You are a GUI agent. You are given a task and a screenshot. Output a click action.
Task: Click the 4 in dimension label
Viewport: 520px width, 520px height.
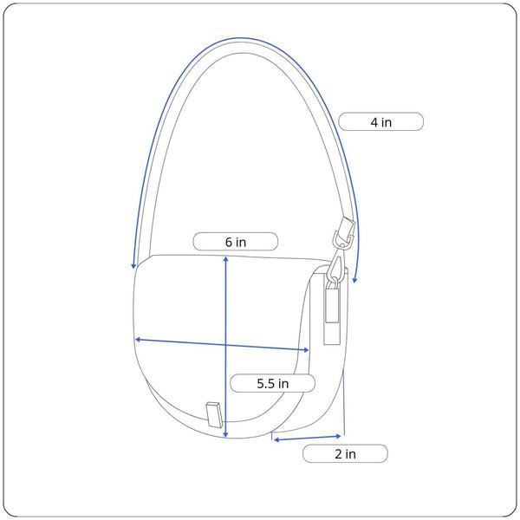tap(380, 122)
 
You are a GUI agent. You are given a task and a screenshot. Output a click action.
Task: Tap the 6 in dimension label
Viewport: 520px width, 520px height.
tap(236, 242)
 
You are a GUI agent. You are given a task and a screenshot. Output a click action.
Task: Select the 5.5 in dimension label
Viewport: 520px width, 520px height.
tap(273, 384)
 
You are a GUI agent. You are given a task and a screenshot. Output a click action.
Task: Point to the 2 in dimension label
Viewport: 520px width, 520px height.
tap(345, 454)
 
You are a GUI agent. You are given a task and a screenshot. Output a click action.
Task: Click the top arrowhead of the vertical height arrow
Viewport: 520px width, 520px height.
tap(226, 258)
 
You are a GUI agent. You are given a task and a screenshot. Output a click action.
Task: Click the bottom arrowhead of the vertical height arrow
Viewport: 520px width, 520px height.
tap(226, 435)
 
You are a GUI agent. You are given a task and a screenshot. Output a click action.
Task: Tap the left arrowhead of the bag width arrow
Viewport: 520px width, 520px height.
tap(138, 340)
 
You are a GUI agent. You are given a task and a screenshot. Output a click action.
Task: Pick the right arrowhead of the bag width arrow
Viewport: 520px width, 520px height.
tap(306, 350)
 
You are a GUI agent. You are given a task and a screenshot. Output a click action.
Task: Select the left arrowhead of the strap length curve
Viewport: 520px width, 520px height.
tap(133, 266)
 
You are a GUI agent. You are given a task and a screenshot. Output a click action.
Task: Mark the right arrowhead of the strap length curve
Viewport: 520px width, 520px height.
tap(354, 280)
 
